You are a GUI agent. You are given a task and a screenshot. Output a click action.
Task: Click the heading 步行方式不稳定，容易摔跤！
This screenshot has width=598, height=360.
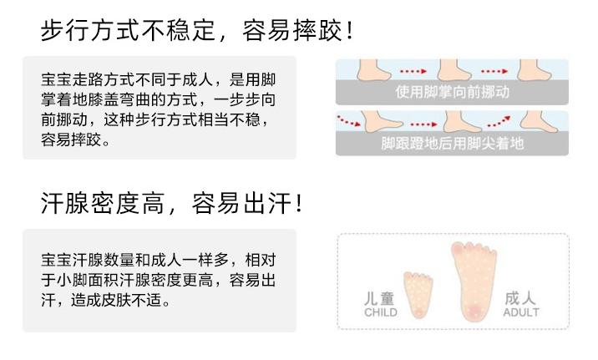197,31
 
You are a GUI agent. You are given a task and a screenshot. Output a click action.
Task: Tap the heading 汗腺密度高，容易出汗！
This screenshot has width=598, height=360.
170,203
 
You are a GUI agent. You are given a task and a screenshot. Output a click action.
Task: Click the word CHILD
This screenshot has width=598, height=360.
382,313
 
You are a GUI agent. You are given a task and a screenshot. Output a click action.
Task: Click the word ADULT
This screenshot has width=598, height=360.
520,313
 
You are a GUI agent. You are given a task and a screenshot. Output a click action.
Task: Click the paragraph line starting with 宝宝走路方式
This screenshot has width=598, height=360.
159,81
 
